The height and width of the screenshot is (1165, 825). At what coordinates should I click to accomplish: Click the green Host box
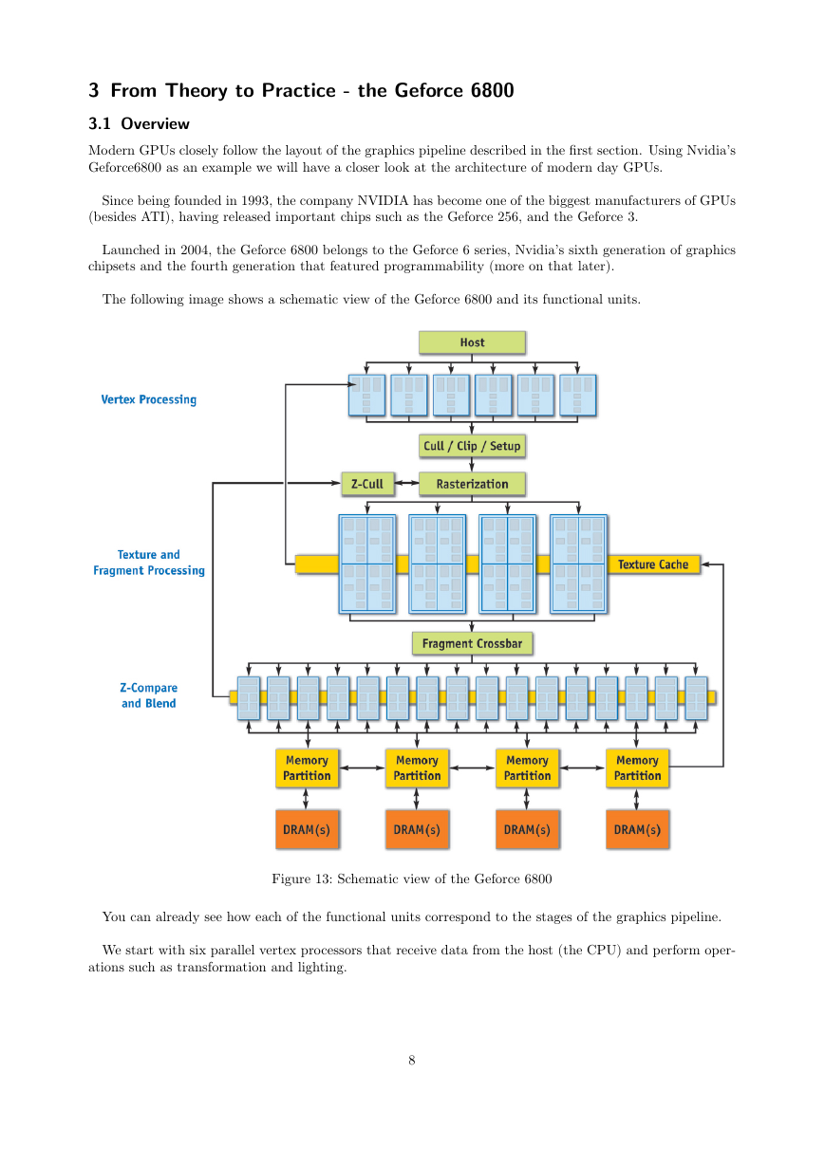coord(472,342)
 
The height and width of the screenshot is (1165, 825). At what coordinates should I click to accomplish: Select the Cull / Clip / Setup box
coord(472,446)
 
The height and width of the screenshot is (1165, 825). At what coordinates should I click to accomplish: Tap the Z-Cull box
coord(367,484)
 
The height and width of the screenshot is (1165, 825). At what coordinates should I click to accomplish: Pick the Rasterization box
coord(472,484)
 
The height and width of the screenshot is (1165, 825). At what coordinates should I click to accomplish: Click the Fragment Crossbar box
coord(472,643)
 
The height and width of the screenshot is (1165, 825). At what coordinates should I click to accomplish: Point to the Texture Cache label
coord(653,564)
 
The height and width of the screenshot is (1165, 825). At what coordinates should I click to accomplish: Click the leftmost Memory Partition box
coord(307,767)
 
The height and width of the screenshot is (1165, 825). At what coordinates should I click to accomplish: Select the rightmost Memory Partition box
coord(637,767)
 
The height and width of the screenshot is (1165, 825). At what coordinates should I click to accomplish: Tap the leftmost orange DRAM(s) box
coord(307,829)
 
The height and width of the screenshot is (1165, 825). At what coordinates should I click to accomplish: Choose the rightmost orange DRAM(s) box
coord(637,829)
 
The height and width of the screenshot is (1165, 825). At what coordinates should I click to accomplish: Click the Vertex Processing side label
coord(149,399)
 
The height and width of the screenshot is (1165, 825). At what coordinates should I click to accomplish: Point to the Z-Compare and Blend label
coord(149,695)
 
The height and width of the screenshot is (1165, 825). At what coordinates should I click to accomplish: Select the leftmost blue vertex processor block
coord(367,396)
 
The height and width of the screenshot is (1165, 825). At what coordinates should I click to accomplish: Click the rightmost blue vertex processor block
coord(578,396)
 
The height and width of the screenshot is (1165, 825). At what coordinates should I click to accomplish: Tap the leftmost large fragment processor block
coord(367,564)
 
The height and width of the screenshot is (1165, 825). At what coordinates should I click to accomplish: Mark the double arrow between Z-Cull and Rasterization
coord(406,483)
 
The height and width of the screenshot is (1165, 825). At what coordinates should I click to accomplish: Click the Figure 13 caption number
coord(322,878)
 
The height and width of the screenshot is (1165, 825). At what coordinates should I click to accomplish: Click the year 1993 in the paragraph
coord(255,200)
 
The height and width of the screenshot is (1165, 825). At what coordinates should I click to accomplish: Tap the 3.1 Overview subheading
coord(139,123)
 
